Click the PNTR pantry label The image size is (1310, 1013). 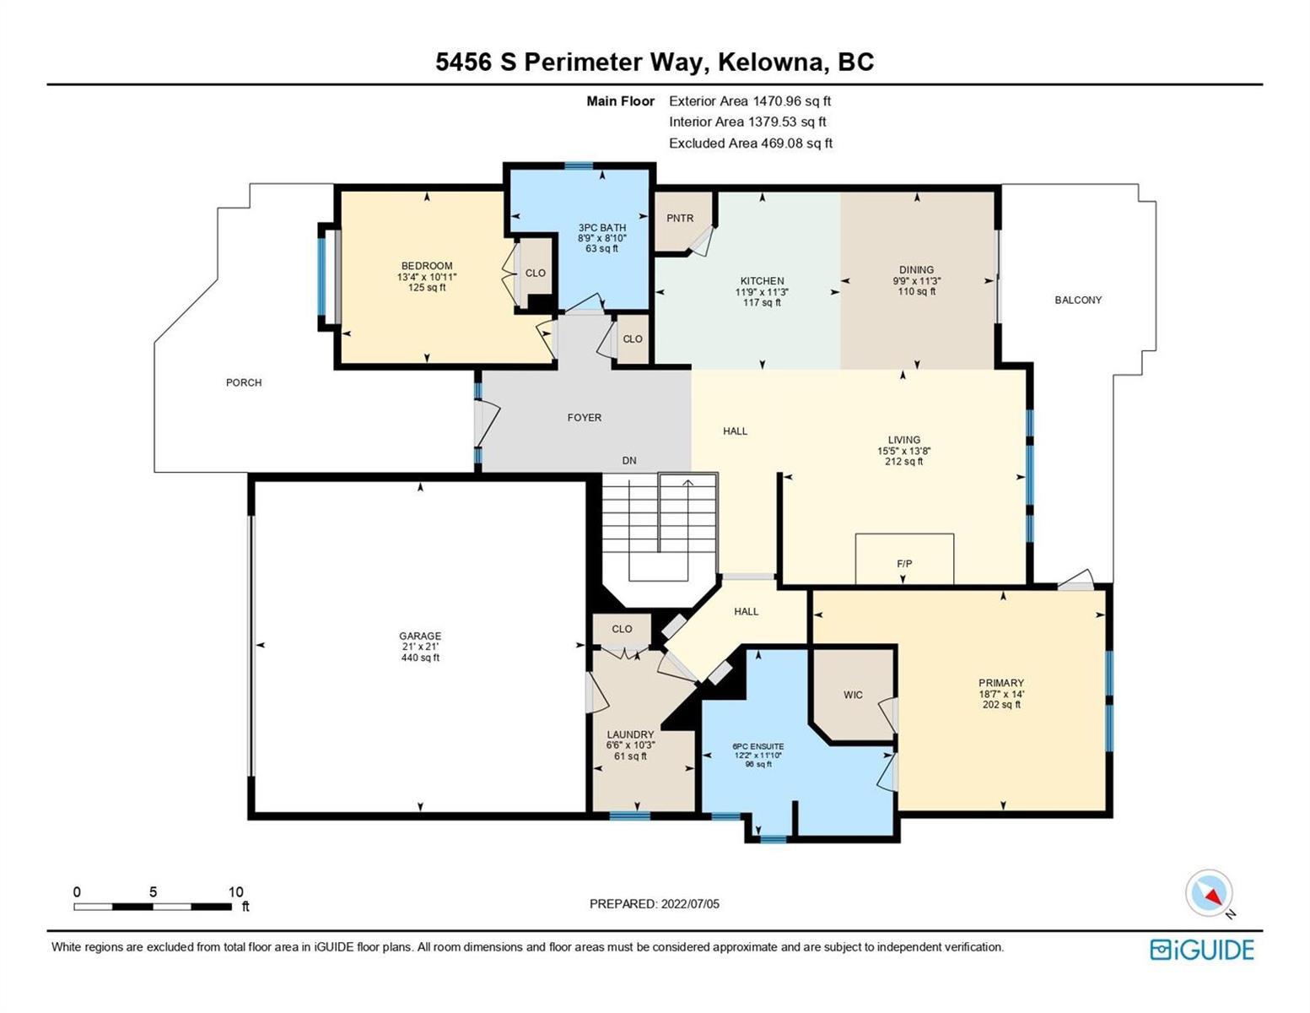pos(679,219)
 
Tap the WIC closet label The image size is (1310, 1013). pos(853,695)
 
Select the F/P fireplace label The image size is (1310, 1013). pos(904,564)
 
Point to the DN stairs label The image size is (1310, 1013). pos(628,460)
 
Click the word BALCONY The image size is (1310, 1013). pos(1078,300)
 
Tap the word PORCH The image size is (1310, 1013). pos(244,382)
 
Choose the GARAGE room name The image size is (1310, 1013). pos(420,636)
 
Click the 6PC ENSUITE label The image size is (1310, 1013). pos(758,746)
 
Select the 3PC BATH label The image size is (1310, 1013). pos(601,227)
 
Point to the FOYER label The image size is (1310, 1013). pos(585,418)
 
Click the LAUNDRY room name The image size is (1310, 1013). pos(630,734)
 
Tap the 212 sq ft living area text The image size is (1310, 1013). pos(903,462)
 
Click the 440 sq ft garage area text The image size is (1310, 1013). pos(420,658)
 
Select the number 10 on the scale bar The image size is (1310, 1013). pos(235,891)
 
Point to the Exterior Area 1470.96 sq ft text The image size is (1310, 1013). pos(750,101)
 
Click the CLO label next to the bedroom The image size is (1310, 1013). pos(535,273)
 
